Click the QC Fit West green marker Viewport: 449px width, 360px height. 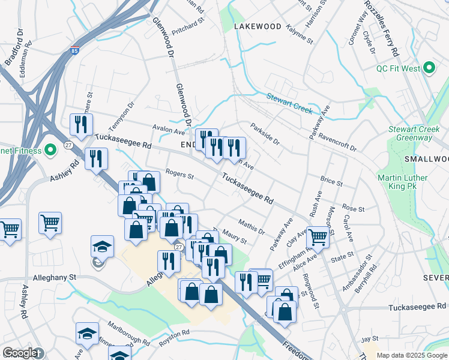[430, 68]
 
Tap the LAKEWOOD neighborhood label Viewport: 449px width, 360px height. [258, 27]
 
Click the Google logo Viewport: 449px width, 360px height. [20, 353]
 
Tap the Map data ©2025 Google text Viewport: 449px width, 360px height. [411, 355]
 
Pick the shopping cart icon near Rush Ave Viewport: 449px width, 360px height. [318, 236]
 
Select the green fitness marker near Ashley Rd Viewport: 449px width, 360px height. [51, 149]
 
